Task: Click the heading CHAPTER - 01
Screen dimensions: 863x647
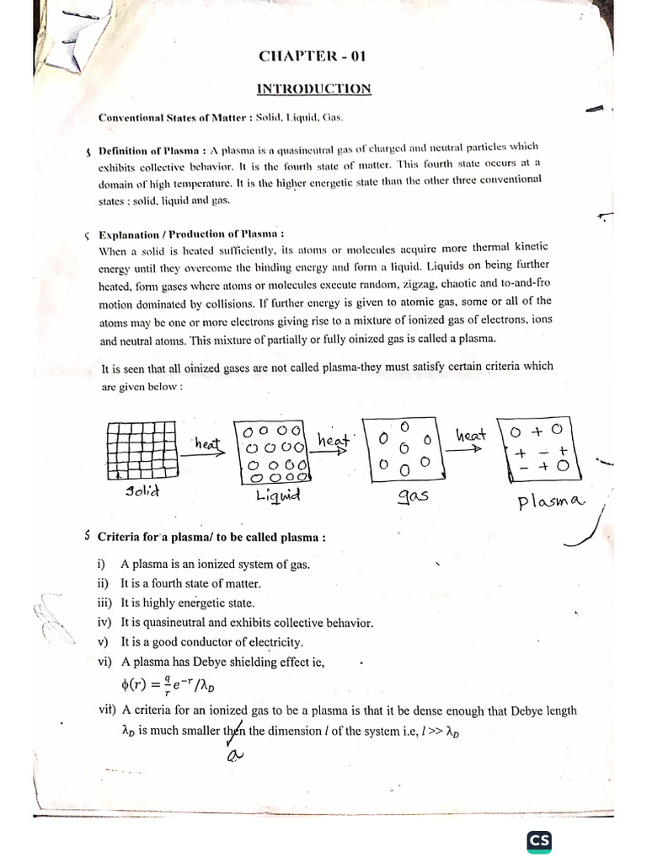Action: coord(313,57)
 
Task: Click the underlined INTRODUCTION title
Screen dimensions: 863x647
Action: coord(313,89)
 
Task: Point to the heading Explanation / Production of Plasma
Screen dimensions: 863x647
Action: coord(191,233)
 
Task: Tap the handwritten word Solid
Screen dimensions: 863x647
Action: coord(144,491)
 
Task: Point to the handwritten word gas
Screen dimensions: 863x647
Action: coord(413,496)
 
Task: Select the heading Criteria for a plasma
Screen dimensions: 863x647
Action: coord(211,537)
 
